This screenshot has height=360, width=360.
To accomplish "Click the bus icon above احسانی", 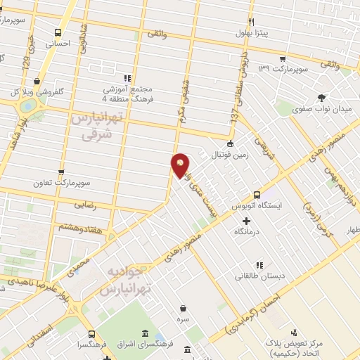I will coord(58,31).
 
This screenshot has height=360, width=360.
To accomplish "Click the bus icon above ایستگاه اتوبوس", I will coord(257,194).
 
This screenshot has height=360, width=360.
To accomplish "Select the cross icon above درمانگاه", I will coord(245,221).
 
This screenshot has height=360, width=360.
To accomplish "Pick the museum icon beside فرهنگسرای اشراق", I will coord(145,333).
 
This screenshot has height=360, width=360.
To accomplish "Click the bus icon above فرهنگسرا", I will coord(91,334).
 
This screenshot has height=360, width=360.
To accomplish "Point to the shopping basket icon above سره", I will coord(184,308).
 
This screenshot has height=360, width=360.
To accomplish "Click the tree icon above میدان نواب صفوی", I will coord(322,98).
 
